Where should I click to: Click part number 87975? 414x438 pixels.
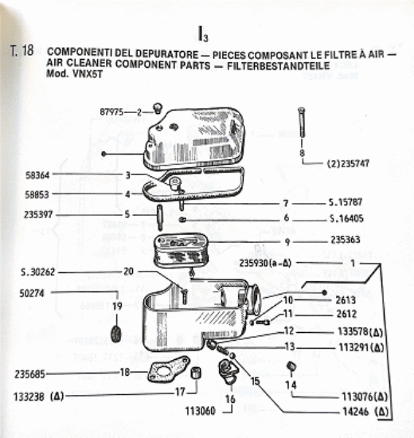coord(111,112)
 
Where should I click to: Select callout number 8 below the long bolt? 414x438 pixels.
coord(302,153)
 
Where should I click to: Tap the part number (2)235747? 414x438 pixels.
coord(348,163)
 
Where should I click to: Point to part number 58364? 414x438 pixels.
coord(37,175)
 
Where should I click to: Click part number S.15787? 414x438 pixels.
coord(346,202)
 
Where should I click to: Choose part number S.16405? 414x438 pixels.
coord(346,218)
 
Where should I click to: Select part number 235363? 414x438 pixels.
coord(346,240)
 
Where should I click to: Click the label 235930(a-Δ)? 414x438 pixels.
coord(265,263)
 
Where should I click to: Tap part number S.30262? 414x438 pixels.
coord(38,272)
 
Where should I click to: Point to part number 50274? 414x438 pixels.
coord(32,293)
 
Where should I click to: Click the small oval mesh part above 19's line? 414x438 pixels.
coord(116,334)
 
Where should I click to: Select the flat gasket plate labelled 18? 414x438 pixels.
coord(169,369)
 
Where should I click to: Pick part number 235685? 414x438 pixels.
coord(30,374)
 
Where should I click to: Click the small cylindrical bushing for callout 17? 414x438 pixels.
coord(196,373)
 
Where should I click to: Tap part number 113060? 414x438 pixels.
coord(201,411)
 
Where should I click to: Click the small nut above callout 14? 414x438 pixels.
coord(291,366)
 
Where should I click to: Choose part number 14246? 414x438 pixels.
coord(356,412)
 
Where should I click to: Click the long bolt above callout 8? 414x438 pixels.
coord(302,123)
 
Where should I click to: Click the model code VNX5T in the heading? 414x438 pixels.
coord(88,74)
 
